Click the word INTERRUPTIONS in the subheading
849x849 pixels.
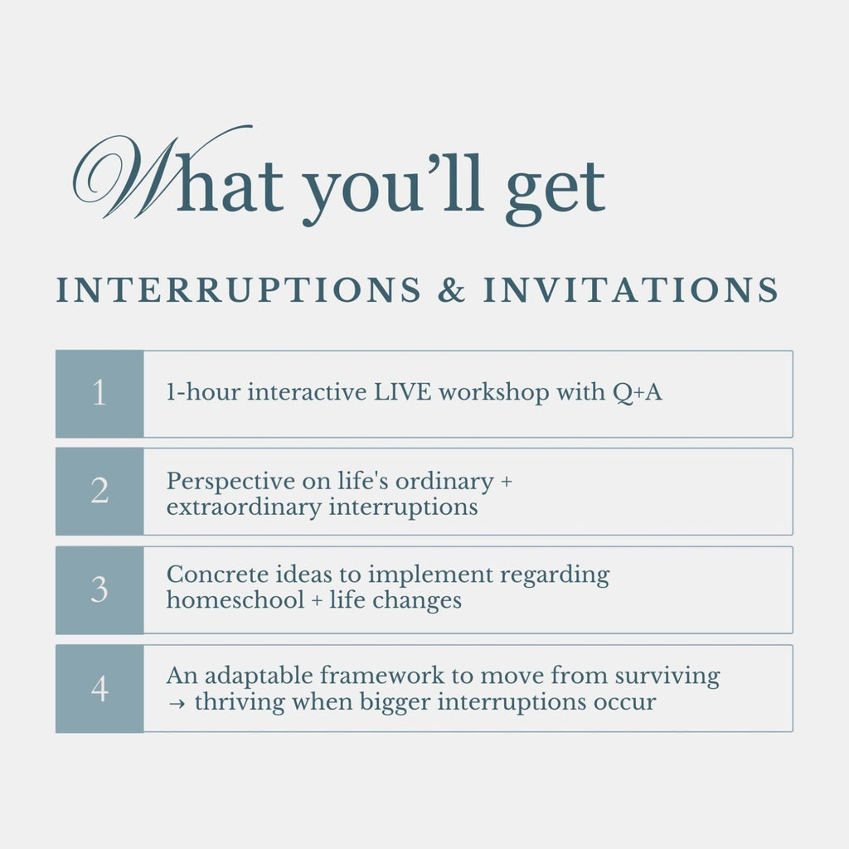pos(239,289)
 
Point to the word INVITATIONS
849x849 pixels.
pos(631,289)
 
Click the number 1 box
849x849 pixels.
pos(99,394)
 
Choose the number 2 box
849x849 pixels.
pos(99,492)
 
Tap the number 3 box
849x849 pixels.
pos(99,590)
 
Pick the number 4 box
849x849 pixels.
pos(99,689)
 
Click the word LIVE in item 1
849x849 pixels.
pos(403,392)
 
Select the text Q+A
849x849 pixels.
pos(638,392)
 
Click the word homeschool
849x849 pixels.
pos(235,600)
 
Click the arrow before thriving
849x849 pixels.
pos(176,703)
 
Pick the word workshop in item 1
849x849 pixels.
pos(494,393)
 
